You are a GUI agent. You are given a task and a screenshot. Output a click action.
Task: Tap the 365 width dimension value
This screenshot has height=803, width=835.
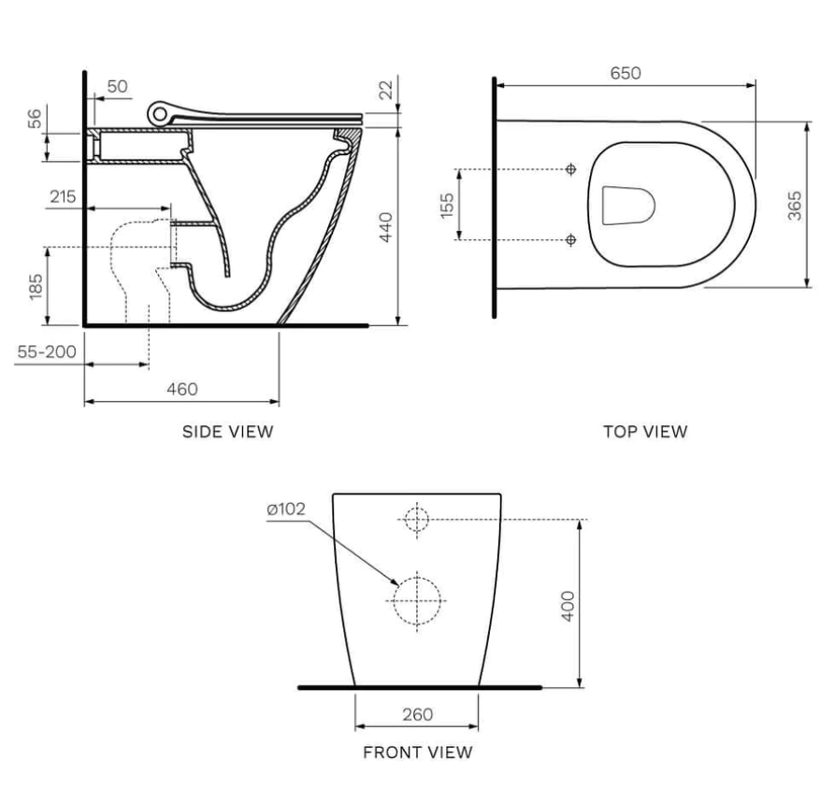pyautogui.click(x=794, y=205)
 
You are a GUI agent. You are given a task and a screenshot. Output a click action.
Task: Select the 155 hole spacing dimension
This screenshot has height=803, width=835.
pyautogui.click(x=447, y=204)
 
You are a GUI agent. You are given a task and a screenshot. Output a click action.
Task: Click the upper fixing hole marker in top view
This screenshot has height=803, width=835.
pyautogui.click(x=570, y=169)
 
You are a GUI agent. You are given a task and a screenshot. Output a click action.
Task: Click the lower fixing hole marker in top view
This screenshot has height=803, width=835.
pyautogui.click(x=570, y=240)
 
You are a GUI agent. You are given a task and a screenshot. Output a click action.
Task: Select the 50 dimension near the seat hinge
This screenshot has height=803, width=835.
pyautogui.click(x=118, y=87)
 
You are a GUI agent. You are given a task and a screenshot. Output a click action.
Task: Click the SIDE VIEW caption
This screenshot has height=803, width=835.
pyautogui.click(x=227, y=431)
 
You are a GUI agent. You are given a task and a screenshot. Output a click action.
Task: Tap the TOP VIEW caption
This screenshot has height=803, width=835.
pyautogui.click(x=645, y=431)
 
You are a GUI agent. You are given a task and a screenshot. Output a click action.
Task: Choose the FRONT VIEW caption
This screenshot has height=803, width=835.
pyautogui.click(x=418, y=752)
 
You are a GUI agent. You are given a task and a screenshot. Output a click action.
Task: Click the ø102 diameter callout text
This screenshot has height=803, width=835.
pyautogui.click(x=286, y=509)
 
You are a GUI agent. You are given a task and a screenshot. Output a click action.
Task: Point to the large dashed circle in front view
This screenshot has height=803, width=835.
pyautogui.click(x=417, y=599)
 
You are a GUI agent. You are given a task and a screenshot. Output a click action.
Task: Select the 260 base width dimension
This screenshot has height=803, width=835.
pyautogui.click(x=417, y=714)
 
